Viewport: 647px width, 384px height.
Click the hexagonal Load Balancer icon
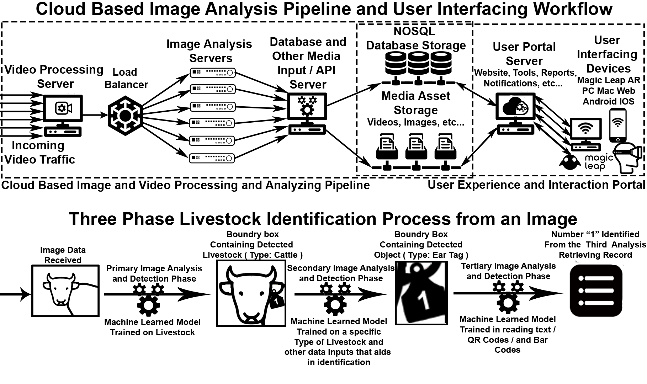pos(125,116)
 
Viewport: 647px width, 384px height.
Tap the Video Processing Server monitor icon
pos(63,108)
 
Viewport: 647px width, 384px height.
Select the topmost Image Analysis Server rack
pos(212,73)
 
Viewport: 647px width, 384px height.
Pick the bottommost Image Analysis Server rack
pos(212,158)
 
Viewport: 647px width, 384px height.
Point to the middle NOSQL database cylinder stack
pos(419,63)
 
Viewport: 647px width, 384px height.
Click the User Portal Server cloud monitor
pos(515,106)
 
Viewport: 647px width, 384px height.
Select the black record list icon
pos(596,290)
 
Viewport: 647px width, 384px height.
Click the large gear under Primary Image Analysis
pos(148,305)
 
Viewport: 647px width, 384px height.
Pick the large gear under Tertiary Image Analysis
pos(508,303)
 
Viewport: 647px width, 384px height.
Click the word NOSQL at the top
pos(414,31)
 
